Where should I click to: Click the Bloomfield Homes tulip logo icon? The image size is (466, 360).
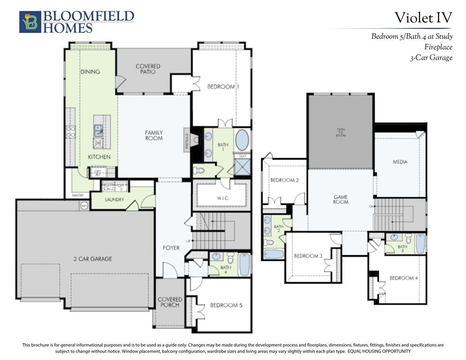tap(30, 22)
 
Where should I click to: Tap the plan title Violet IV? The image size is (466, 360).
tap(423, 18)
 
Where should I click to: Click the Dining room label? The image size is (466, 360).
tap(90, 72)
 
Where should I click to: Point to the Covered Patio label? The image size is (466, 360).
tap(148, 69)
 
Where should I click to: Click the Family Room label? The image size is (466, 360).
tap(153, 135)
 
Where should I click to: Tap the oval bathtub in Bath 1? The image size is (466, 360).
tap(242, 140)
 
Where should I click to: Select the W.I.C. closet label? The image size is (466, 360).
tap(221, 198)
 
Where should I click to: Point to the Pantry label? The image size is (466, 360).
tap(77, 195)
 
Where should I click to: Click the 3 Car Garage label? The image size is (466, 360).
tap(92, 259)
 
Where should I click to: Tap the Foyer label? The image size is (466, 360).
tap(171, 247)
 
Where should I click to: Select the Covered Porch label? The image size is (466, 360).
tap(170, 302)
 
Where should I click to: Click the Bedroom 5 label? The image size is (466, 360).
tap(226, 305)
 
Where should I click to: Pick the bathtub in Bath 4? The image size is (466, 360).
tap(245, 265)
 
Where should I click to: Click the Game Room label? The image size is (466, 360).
tap(340, 199)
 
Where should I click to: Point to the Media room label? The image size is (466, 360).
tap(400, 162)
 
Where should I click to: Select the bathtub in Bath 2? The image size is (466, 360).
tap(274, 254)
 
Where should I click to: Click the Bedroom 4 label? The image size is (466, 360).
tap(404, 278)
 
